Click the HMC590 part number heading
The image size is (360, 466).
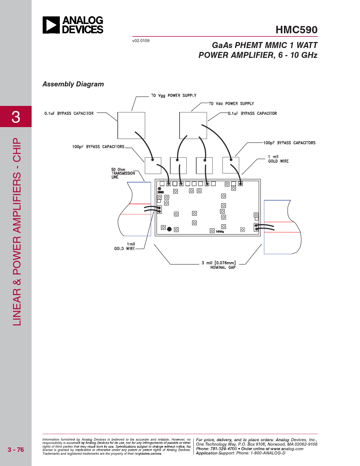[x=296, y=30]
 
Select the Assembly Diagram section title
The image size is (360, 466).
[x=73, y=84]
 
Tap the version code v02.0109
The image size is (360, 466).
[x=141, y=41]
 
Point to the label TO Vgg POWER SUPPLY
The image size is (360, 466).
[x=174, y=95]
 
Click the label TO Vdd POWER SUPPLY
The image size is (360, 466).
[x=231, y=104]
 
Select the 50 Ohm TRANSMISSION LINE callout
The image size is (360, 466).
[x=123, y=173]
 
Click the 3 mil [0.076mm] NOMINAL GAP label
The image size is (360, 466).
[x=219, y=265]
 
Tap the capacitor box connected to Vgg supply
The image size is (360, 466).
[x=131, y=125]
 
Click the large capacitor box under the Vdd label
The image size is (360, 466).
[x=193, y=125]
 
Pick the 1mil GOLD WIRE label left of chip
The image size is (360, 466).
[x=125, y=246]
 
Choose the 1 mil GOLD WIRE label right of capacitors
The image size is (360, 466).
[x=278, y=159]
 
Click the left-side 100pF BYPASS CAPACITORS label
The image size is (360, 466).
[x=98, y=147]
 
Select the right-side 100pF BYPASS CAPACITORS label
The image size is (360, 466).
[x=289, y=143]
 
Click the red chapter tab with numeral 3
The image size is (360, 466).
[x=16, y=116]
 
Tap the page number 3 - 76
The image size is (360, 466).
[x=16, y=450]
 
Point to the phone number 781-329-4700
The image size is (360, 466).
[x=223, y=449]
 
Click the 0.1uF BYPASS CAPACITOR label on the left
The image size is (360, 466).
[x=69, y=114]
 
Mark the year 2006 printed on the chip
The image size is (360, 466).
[x=161, y=192]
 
